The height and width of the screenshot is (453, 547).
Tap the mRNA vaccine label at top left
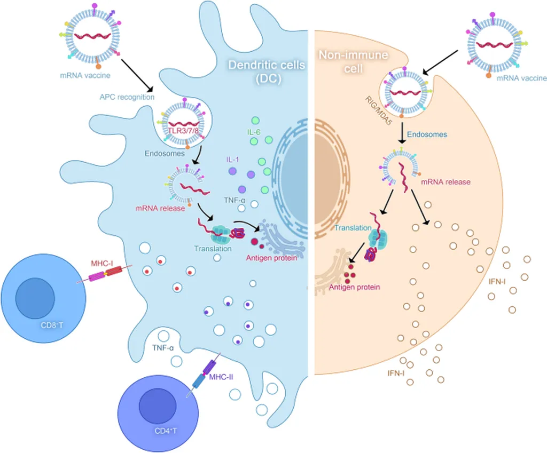pos(92,75)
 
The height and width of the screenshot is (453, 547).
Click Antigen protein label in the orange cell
pos(354,287)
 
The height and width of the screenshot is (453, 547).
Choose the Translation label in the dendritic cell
pos(213,248)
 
